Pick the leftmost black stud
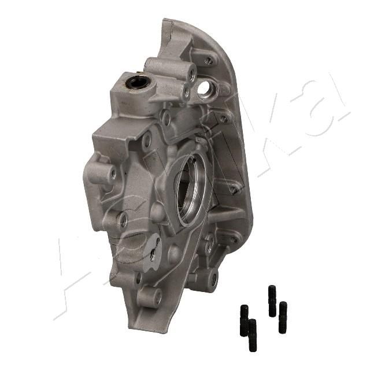coord(244,320)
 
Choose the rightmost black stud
coord(283,317)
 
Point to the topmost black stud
coord(272,301)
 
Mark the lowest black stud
coord(253,335)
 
